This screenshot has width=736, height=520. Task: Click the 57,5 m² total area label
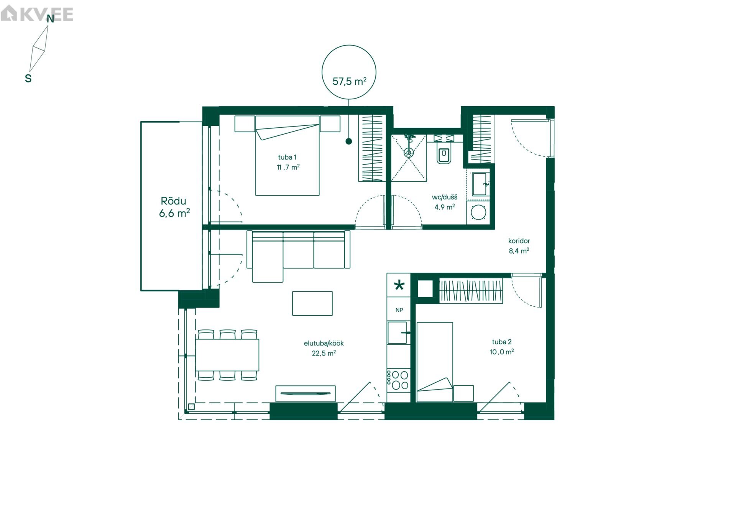point(349,81)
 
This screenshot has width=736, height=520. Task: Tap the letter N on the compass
point(50,19)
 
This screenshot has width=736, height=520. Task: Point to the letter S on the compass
point(28,78)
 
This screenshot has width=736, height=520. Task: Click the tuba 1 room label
point(287,157)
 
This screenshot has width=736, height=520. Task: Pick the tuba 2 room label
point(502,342)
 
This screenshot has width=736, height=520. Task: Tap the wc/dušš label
point(445,197)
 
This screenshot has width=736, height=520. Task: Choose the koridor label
point(519,241)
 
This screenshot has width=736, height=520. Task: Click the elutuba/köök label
point(324,344)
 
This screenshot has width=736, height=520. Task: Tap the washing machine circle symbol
point(478,212)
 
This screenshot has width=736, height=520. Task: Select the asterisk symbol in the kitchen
point(399,285)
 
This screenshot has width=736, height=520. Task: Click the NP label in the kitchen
point(399,310)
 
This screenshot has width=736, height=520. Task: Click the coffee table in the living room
point(312,303)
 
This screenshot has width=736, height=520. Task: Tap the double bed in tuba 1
point(287,156)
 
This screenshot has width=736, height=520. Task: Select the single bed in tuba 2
point(435,362)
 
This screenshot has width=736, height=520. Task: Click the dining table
point(227,355)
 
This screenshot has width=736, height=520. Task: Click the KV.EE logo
point(37,14)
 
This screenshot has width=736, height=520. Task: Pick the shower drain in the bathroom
point(409,153)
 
